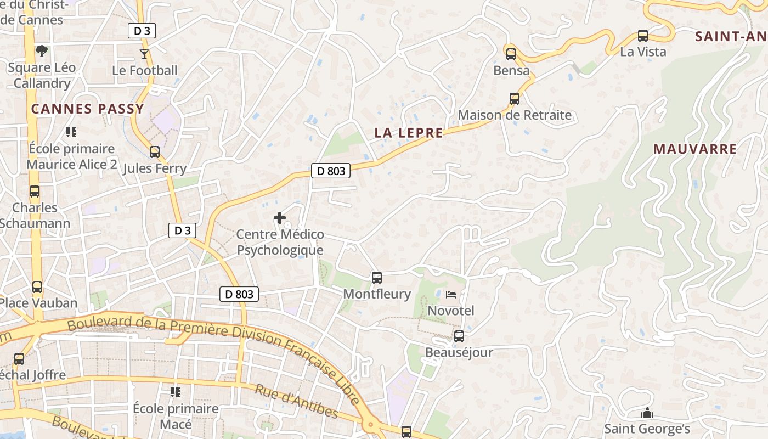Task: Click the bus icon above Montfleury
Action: (376, 278)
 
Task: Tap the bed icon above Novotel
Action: (451, 295)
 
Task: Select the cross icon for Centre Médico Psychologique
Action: (280, 218)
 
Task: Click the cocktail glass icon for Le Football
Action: (144, 54)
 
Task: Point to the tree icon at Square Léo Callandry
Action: (42, 51)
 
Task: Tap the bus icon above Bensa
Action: (511, 54)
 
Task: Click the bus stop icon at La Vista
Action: (643, 36)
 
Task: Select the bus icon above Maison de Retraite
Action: (514, 99)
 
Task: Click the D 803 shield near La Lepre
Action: (331, 171)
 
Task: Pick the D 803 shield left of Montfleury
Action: (240, 294)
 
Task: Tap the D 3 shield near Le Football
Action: (142, 31)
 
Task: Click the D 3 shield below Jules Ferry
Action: (182, 230)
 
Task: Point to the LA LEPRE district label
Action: (409, 133)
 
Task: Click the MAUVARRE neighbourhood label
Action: (695, 149)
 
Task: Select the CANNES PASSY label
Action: (87, 109)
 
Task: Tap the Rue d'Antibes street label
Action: (296, 401)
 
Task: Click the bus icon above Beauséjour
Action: (459, 336)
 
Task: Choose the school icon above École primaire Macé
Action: (176, 392)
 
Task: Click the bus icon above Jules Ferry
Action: (155, 152)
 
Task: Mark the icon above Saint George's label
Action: (647, 412)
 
